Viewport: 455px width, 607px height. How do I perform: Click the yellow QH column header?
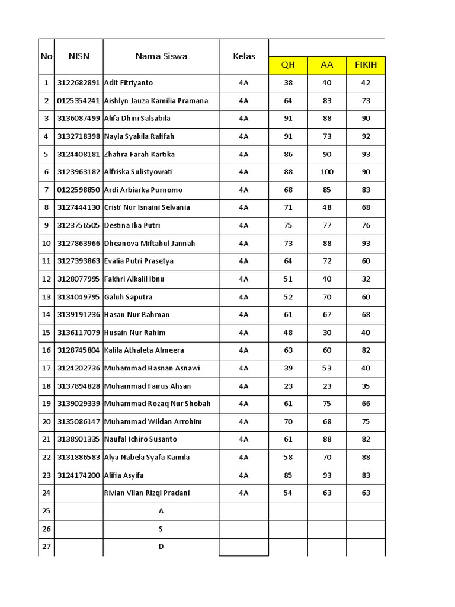point(288,65)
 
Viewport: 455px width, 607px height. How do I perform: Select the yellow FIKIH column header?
point(366,65)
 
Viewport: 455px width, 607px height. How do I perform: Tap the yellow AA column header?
point(327,65)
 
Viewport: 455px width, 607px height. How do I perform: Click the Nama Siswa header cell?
point(161,56)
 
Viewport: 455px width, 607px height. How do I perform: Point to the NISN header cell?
point(78,56)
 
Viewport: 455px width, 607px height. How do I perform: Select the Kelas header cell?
point(244,56)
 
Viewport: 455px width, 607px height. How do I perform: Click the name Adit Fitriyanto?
point(129,83)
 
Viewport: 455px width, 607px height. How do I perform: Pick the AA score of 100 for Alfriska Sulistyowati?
point(327,172)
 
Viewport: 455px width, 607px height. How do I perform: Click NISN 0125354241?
point(78,101)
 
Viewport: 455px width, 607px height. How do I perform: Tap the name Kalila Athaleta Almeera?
point(144,350)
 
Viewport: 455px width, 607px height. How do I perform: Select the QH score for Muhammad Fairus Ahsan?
point(288,386)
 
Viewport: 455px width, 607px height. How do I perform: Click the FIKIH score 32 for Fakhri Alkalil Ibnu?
point(366,279)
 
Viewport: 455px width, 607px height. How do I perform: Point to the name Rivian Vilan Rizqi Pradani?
point(147,493)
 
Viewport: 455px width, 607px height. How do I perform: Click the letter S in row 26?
point(161,529)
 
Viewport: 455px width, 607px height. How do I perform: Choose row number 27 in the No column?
point(46,547)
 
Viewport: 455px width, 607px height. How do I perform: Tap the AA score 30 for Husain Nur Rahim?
point(327,333)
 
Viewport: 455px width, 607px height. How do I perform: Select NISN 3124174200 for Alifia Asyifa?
point(78,475)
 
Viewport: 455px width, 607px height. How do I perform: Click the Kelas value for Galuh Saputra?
point(244,297)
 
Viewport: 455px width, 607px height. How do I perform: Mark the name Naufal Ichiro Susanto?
point(141,439)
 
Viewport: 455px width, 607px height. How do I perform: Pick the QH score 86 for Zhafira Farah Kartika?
point(288,154)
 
